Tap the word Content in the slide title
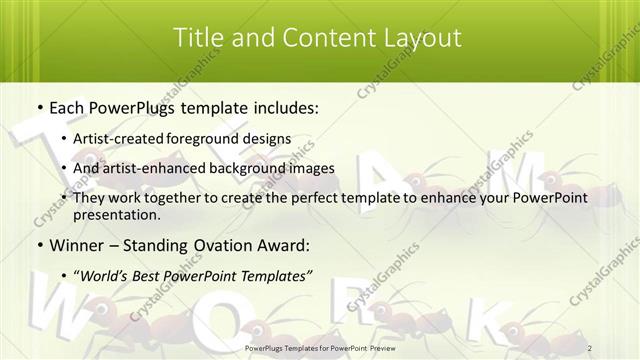(321, 38)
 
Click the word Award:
(282, 245)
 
